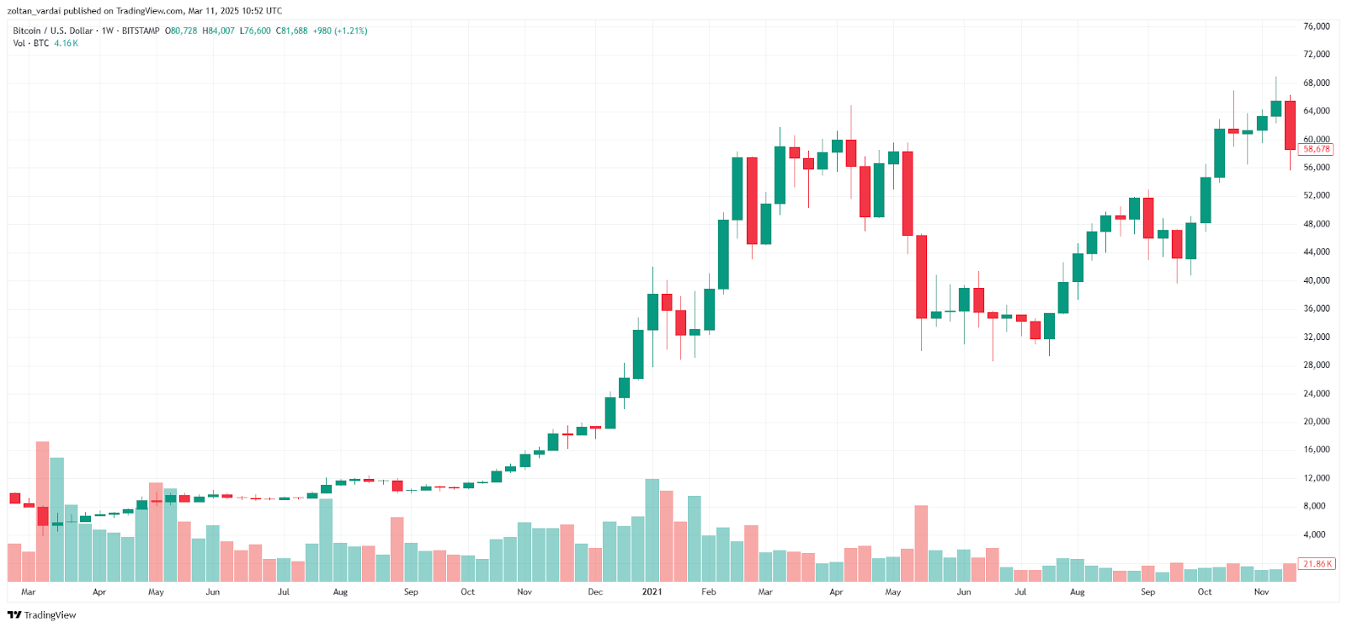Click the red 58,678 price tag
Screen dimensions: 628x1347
tap(1316, 149)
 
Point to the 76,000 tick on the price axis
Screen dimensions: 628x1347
tap(1316, 26)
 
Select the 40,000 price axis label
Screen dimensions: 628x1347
tap(1316, 280)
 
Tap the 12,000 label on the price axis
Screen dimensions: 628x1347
tap(1316, 478)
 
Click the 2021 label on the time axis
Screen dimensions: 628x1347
tap(652, 592)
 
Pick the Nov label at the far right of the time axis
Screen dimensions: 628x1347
tap(1261, 592)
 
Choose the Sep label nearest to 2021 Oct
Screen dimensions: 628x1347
tap(1147, 592)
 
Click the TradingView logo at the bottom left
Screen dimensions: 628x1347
tap(41, 615)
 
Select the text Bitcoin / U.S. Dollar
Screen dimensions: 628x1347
tap(53, 30)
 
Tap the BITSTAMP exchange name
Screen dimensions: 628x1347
tap(141, 30)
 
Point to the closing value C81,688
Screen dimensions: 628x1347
tap(292, 30)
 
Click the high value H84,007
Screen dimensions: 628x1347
tap(218, 30)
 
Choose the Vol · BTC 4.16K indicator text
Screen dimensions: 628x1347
tap(45, 43)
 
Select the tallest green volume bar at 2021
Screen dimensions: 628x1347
tap(652, 530)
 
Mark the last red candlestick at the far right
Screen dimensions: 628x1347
tap(1290, 125)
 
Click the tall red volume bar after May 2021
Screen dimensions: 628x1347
tap(921, 543)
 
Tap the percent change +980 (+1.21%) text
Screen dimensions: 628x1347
tap(340, 30)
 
